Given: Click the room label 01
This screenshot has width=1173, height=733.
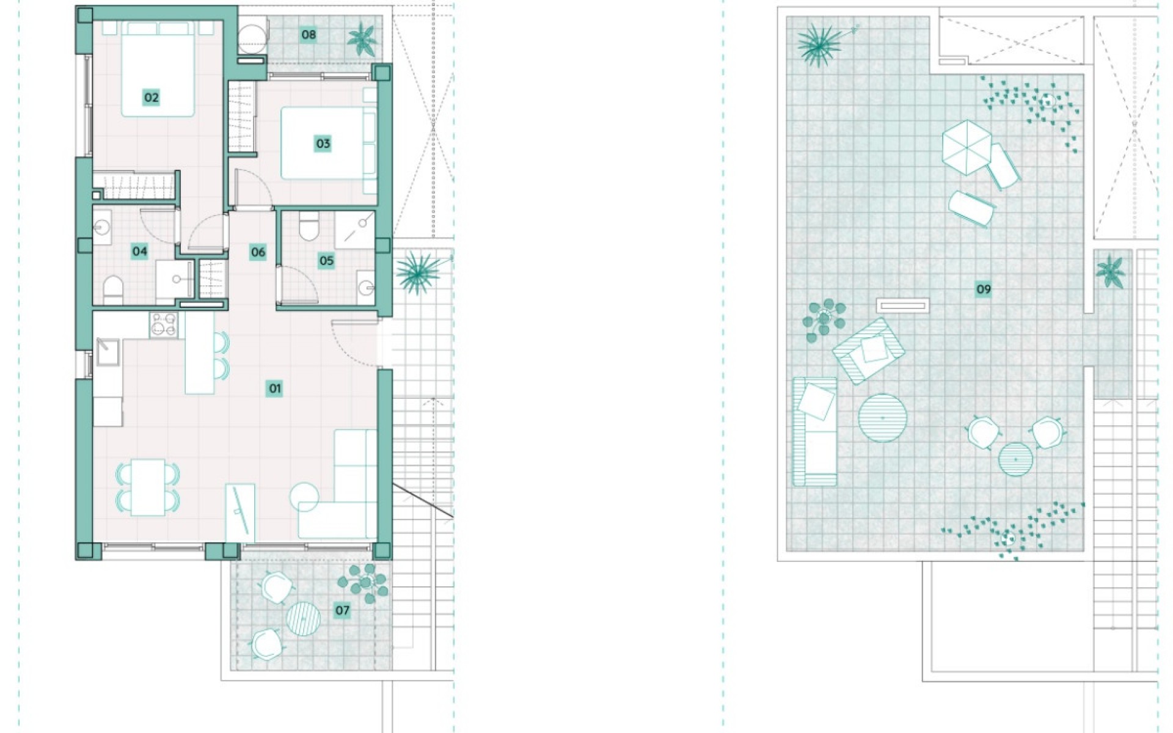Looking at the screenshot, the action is click(x=274, y=388).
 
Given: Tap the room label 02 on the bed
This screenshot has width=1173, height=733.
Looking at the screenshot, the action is click(x=151, y=98).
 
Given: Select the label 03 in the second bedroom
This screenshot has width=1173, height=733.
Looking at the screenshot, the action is click(x=323, y=144).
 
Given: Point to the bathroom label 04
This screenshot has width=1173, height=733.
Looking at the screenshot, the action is click(x=139, y=251).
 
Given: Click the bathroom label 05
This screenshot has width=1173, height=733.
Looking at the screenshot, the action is click(x=326, y=261).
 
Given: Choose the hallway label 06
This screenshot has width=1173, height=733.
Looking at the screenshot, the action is click(x=258, y=252).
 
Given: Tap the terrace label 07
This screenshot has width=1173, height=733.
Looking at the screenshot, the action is click(x=342, y=610).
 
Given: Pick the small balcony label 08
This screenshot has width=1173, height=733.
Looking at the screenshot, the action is click(x=309, y=34).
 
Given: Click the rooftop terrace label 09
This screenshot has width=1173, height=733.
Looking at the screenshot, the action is click(x=984, y=290).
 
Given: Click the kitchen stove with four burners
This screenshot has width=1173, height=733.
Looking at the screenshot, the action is click(x=164, y=324).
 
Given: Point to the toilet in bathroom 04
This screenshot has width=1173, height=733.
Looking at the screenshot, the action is click(x=112, y=290).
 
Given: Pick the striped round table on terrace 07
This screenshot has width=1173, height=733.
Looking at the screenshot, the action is click(x=304, y=618).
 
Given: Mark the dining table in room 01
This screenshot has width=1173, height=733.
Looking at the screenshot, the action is click(x=148, y=487).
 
